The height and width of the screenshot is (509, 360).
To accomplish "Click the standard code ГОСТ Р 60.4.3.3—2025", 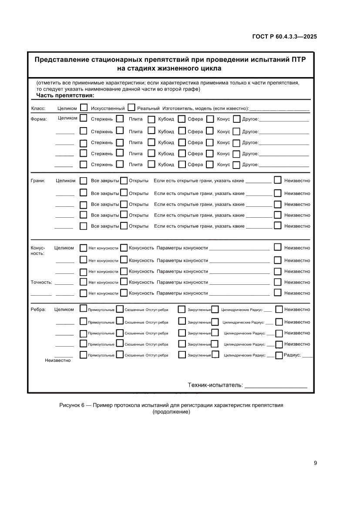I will click(284, 37).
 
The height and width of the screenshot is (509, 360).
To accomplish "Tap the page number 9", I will click(315, 463).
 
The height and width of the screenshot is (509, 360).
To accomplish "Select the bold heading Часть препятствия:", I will click(65, 95).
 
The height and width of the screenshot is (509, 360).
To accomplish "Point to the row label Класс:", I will click(38, 108).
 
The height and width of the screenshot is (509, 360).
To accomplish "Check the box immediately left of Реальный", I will click(131, 108).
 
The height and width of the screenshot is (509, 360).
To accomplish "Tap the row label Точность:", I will click(41, 282).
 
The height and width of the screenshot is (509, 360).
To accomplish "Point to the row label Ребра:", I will click(38, 310).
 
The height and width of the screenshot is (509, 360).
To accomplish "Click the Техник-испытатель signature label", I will click(215, 385).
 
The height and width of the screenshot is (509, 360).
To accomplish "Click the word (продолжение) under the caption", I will click(171, 412).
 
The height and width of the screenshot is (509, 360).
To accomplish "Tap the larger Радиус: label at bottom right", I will click(292, 355).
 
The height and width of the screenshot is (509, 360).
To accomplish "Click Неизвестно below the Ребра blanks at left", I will click(57, 361).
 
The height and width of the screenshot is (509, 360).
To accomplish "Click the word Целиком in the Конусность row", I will click(64, 248).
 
